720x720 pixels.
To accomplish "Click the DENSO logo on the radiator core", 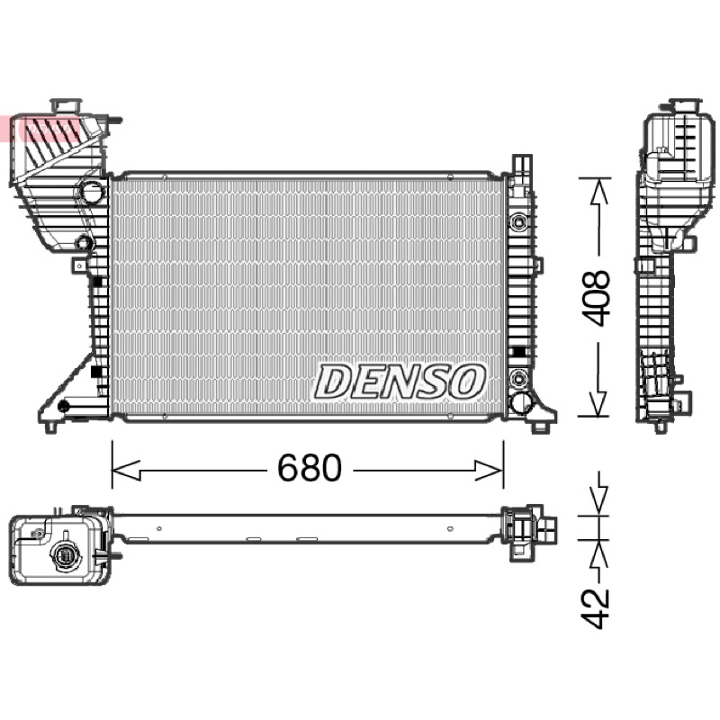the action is coord(400,381).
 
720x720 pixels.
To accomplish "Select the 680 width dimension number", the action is coord(310,468).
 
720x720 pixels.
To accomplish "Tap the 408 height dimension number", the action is coord(596,299).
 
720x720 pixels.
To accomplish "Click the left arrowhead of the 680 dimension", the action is coord(126,470).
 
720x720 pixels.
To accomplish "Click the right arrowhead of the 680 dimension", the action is coord(490,470).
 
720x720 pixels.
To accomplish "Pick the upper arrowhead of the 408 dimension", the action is coord(598,192).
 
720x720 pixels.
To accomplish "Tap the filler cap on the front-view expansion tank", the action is coord(66,105).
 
